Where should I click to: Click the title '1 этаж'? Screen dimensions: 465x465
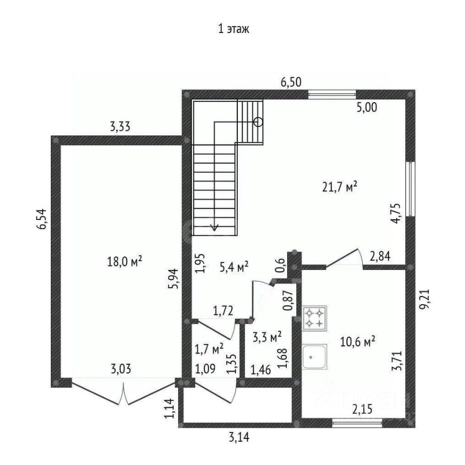click(x=233, y=30)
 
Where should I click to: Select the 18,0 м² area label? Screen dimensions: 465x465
click(x=124, y=262)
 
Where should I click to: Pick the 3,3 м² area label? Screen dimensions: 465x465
click(x=267, y=336)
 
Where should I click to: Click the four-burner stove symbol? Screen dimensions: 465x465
click(x=315, y=318)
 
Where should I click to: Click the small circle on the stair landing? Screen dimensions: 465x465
click(x=258, y=122)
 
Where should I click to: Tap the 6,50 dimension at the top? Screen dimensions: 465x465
click(x=292, y=82)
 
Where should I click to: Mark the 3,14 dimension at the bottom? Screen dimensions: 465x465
click(x=239, y=438)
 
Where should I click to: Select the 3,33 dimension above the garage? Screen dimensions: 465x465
click(x=120, y=127)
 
